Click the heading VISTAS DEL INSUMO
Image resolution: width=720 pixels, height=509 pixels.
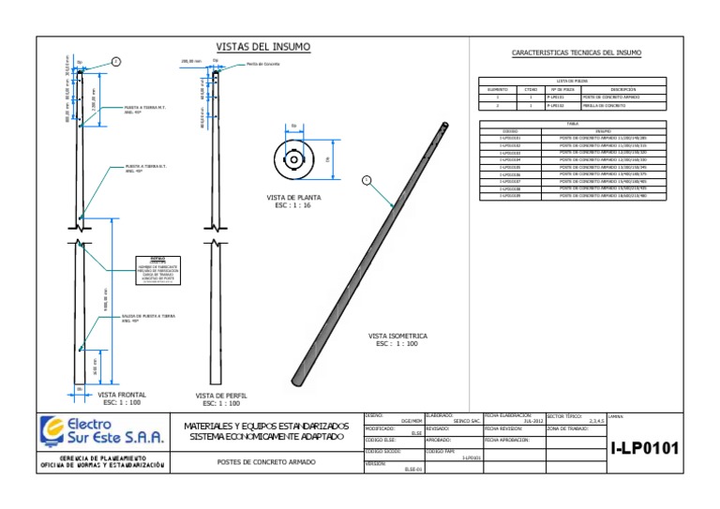click(263, 47)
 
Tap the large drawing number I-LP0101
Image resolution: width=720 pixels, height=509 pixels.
click(645, 449)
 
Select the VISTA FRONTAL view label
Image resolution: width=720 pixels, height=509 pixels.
click(121, 398)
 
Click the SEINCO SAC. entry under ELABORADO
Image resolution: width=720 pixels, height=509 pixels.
click(467, 422)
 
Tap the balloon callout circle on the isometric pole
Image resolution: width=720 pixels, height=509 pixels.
click(367, 179)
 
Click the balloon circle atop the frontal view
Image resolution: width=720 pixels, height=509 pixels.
click(116, 61)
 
